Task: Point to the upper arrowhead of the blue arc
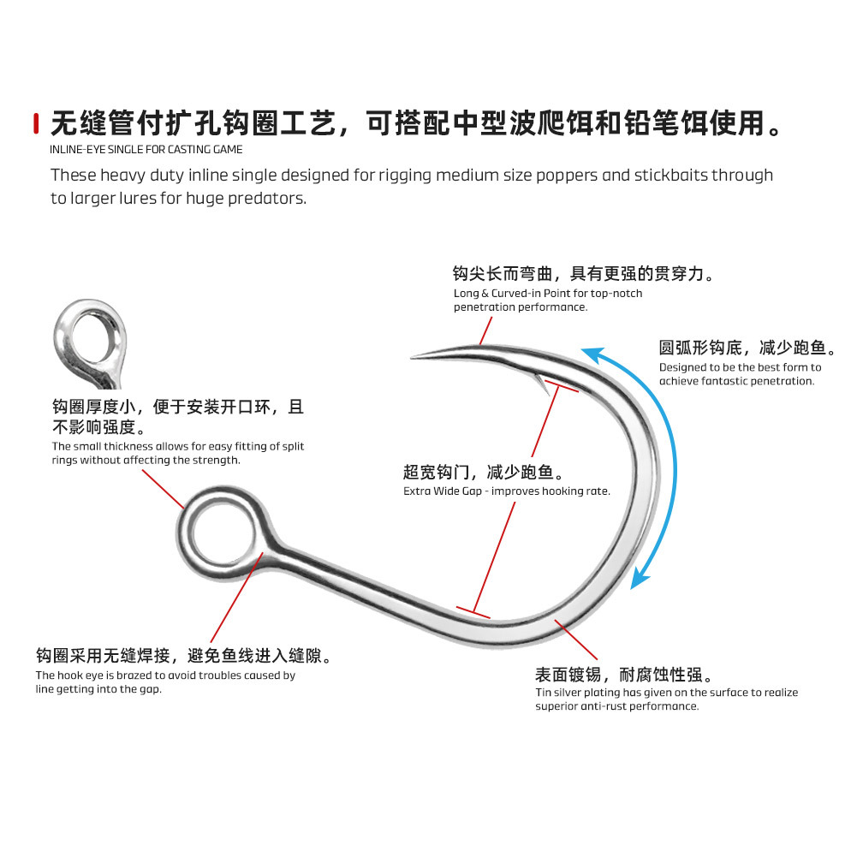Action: click(591, 353)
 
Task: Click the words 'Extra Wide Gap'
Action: click(445, 491)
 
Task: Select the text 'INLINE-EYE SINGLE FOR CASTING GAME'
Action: click(146, 150)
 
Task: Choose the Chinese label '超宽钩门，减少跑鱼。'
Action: click(483, 472)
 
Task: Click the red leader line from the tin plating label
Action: click(576, 639)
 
